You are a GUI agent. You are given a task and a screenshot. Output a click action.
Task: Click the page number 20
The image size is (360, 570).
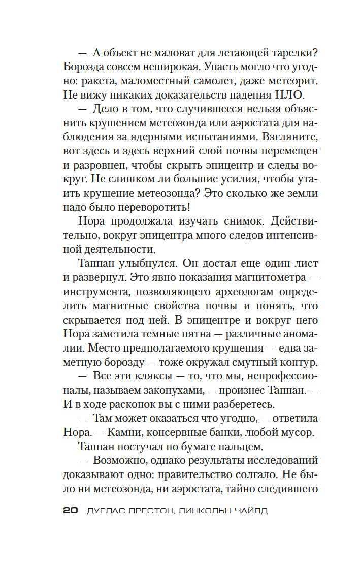tap(70, 511)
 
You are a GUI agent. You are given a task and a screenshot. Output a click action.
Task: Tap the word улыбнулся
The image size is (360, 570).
tap(147, 264)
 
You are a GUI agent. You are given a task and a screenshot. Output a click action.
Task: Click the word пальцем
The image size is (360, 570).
tap(242, 447)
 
